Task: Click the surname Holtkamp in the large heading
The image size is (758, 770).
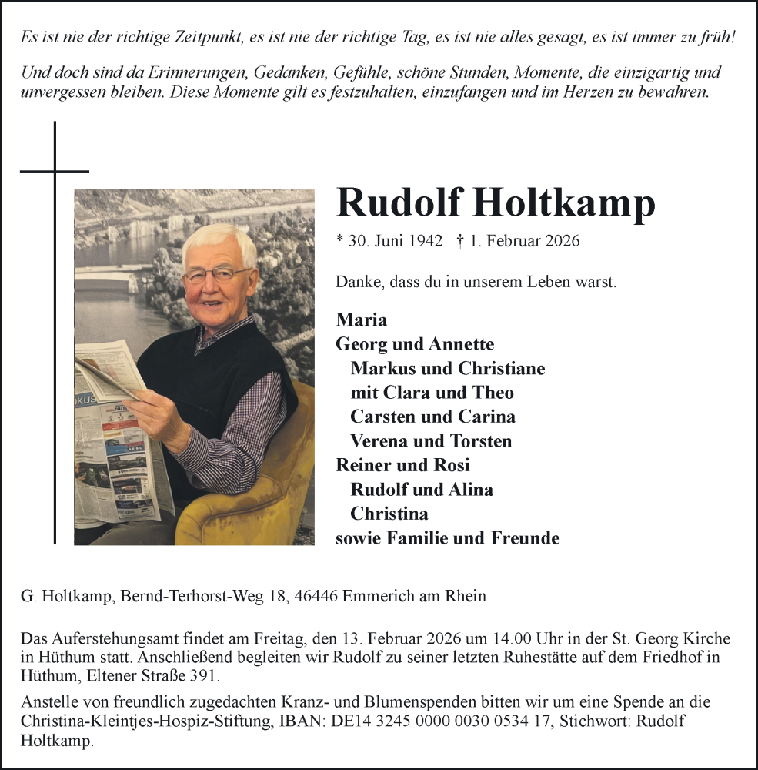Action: point(563,203)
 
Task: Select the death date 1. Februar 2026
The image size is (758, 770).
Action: point(523,241)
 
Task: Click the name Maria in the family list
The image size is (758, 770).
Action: point(362,320)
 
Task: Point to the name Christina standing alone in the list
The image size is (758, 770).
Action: point(389,514)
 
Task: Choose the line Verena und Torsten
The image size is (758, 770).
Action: point(430,441)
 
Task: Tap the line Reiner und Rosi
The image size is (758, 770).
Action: point(402,465)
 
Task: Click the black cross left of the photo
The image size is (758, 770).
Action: point(55,171)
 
